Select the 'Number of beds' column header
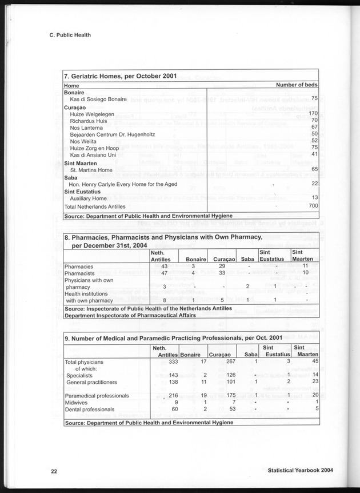point(297,85)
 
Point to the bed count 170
point(313,113)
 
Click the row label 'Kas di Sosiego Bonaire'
point(102,100)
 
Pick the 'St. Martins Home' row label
point(91,170)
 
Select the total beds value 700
point(313,205)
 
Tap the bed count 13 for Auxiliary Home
point(314,197)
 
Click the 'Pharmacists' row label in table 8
point(79,273)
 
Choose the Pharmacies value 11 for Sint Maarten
point(305,266)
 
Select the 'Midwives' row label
point(77,403)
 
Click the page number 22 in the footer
point(53,471)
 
